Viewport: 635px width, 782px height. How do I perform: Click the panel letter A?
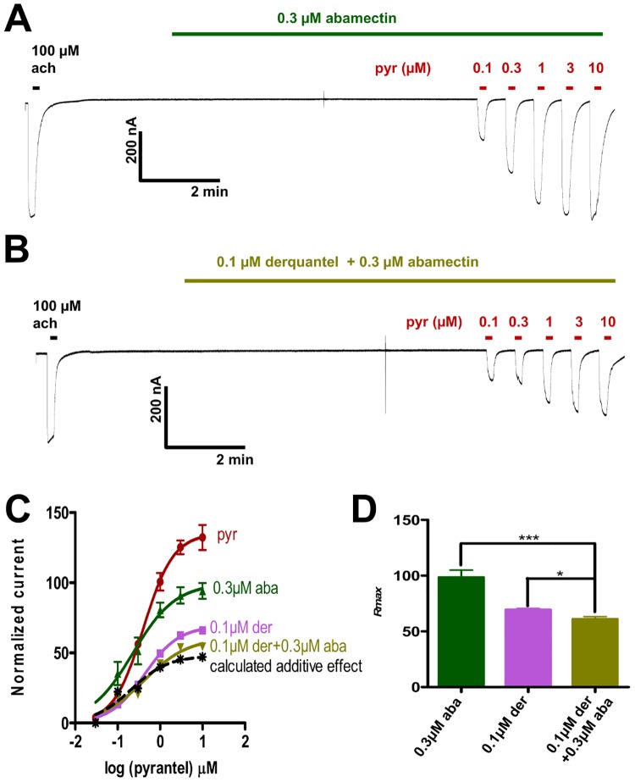click(19, 19)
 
